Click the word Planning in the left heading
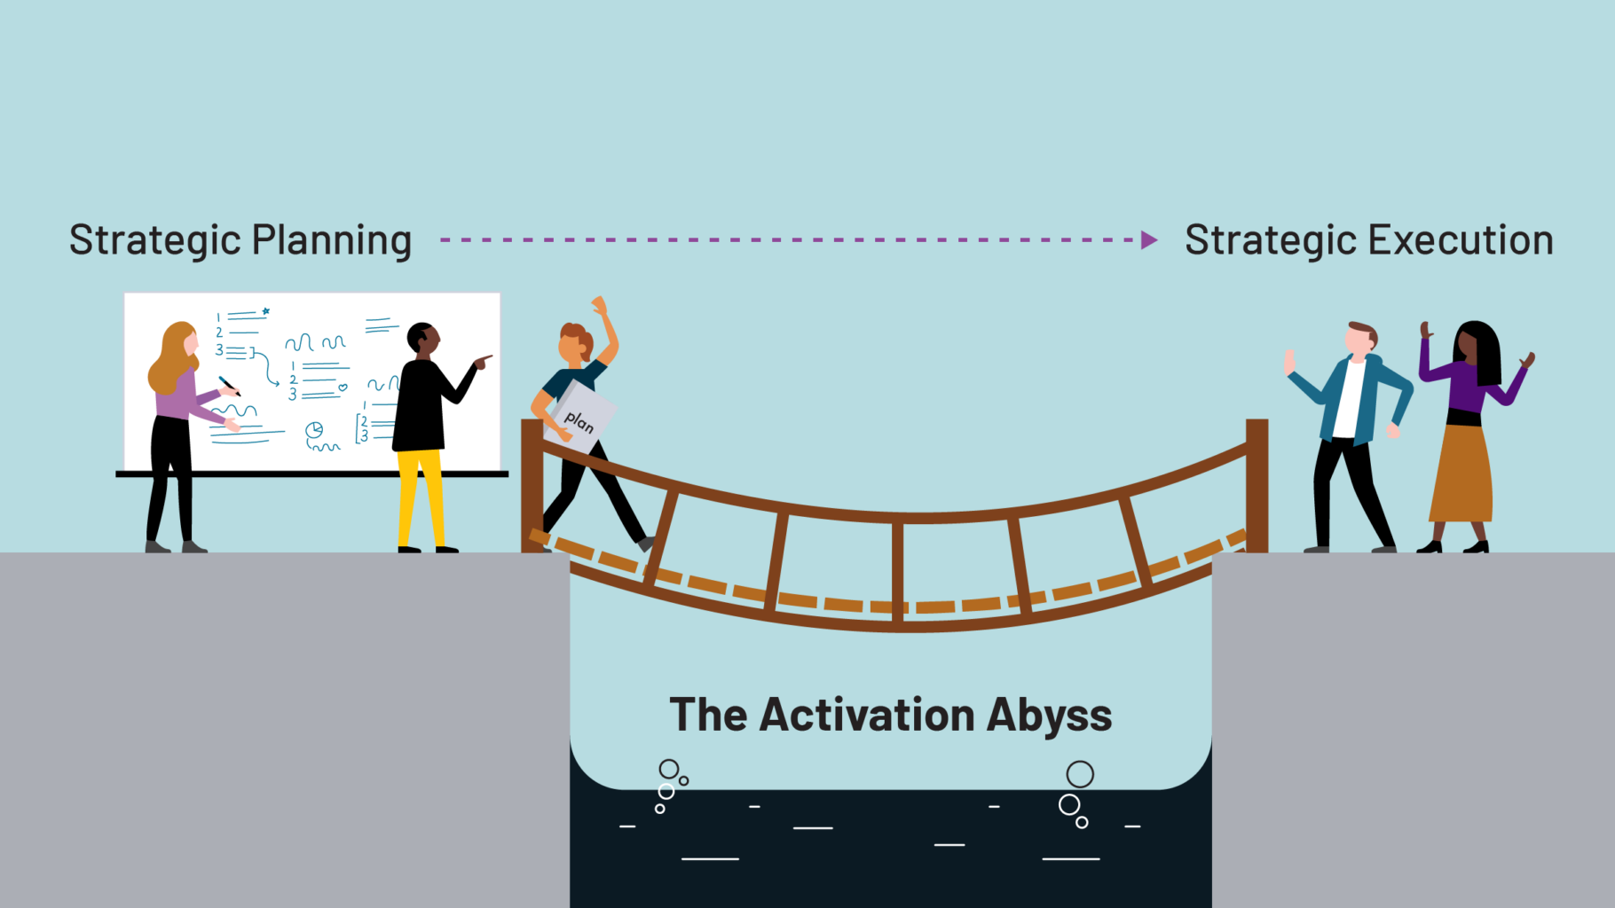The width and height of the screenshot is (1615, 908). pyautogui.click(x=332, y=241)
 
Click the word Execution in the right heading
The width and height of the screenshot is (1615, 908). pyautogui.click(x=1461, y=241)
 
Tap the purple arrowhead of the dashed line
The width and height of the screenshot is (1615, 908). pyautogui.click(x=1149, y=240)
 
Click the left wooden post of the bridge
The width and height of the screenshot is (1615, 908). pyautogui.click(x=532, y=485)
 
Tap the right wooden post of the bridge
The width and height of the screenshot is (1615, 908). pyautogui.click(x=1257, y=485)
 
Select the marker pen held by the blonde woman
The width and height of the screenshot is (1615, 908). pyautogui.click(x=229, y=386)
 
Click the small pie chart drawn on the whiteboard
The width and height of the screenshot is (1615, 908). pyautogui.click(x=314, y=430)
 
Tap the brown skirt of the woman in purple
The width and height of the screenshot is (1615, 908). pyautogui.click(x=1461, y=474)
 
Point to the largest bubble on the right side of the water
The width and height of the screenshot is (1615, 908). pyautogui.click(x=1080, y=774)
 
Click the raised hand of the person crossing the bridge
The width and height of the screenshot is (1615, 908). pyautogui.click(x=600, y=306)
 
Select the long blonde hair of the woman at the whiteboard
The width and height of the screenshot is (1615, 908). pyautogui.click(x=171, y=357)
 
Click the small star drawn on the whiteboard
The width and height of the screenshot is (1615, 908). pyautogui.click(x=265, y=311)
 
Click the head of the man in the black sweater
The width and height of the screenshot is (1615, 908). pyautogui.click(x=422, y=338)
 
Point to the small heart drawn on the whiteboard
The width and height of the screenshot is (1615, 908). pyautogui.click(x=343, y=387)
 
